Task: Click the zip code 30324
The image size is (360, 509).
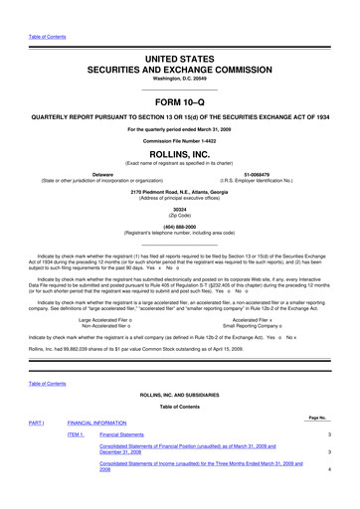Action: point(179,210)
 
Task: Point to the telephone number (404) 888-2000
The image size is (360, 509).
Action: point(179,228)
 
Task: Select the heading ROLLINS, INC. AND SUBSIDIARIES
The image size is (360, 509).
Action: point(179,395)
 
